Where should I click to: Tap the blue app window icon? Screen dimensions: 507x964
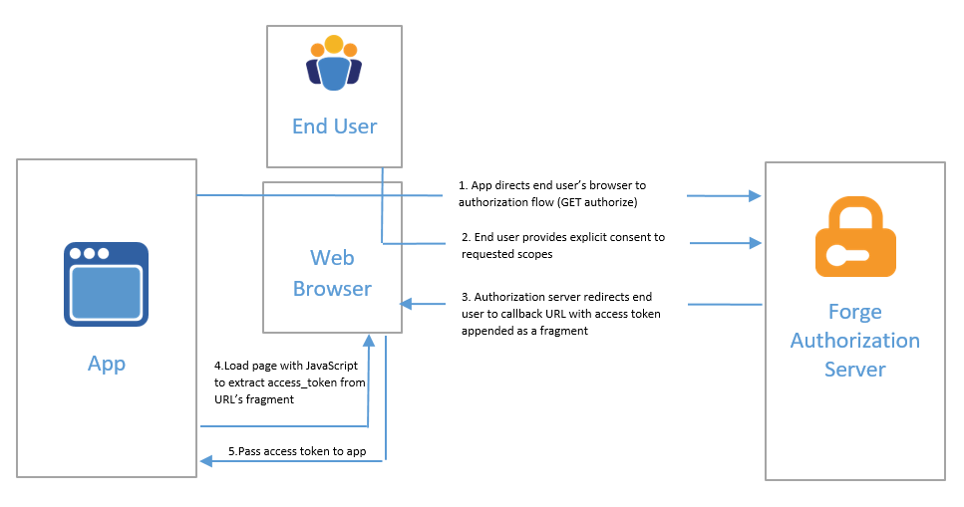tap(106, 284)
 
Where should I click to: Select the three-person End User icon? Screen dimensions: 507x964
tap(333, 64)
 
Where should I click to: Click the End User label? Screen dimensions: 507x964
tap(334, 127)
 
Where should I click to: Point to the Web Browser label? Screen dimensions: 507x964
tap(333, 273)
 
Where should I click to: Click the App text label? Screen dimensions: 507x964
tap(107, 364)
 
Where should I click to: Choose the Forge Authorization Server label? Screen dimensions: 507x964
tap(854, 341)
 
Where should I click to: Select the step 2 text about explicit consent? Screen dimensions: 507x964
tap(563, 246)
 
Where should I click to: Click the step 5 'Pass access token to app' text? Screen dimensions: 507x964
tap(297, 451)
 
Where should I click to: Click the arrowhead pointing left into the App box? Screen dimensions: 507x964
tap(206, 460)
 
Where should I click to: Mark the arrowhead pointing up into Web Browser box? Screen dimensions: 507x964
tap(369, 341)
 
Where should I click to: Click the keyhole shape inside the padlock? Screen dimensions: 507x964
tap(839, 253)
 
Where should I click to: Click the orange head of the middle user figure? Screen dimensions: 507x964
tap(333, 45)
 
